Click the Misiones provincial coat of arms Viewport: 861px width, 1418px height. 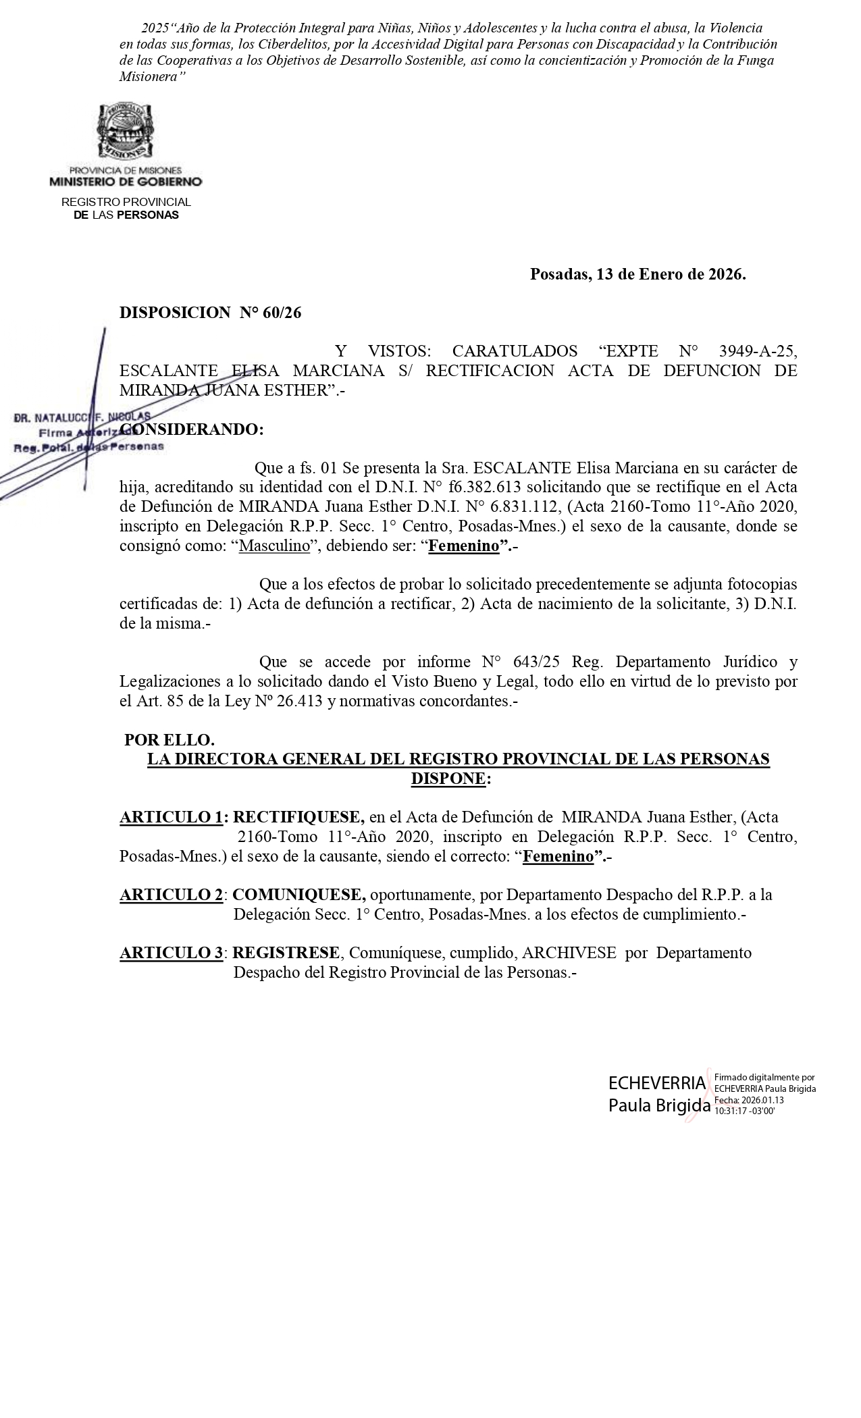point(126,132)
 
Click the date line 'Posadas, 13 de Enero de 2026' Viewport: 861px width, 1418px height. point(637,274)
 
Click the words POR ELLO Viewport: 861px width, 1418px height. point(169,740)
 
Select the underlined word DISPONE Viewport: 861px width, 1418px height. point(448,779)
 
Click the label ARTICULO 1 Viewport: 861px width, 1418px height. point(172,817)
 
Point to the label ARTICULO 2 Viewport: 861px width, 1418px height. point(172,895)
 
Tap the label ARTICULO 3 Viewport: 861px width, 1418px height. point(172,953)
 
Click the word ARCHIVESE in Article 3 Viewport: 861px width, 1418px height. point(569,953)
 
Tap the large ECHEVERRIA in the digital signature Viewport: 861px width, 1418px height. point(656,1083)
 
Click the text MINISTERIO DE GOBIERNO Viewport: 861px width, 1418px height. point(126,182)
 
